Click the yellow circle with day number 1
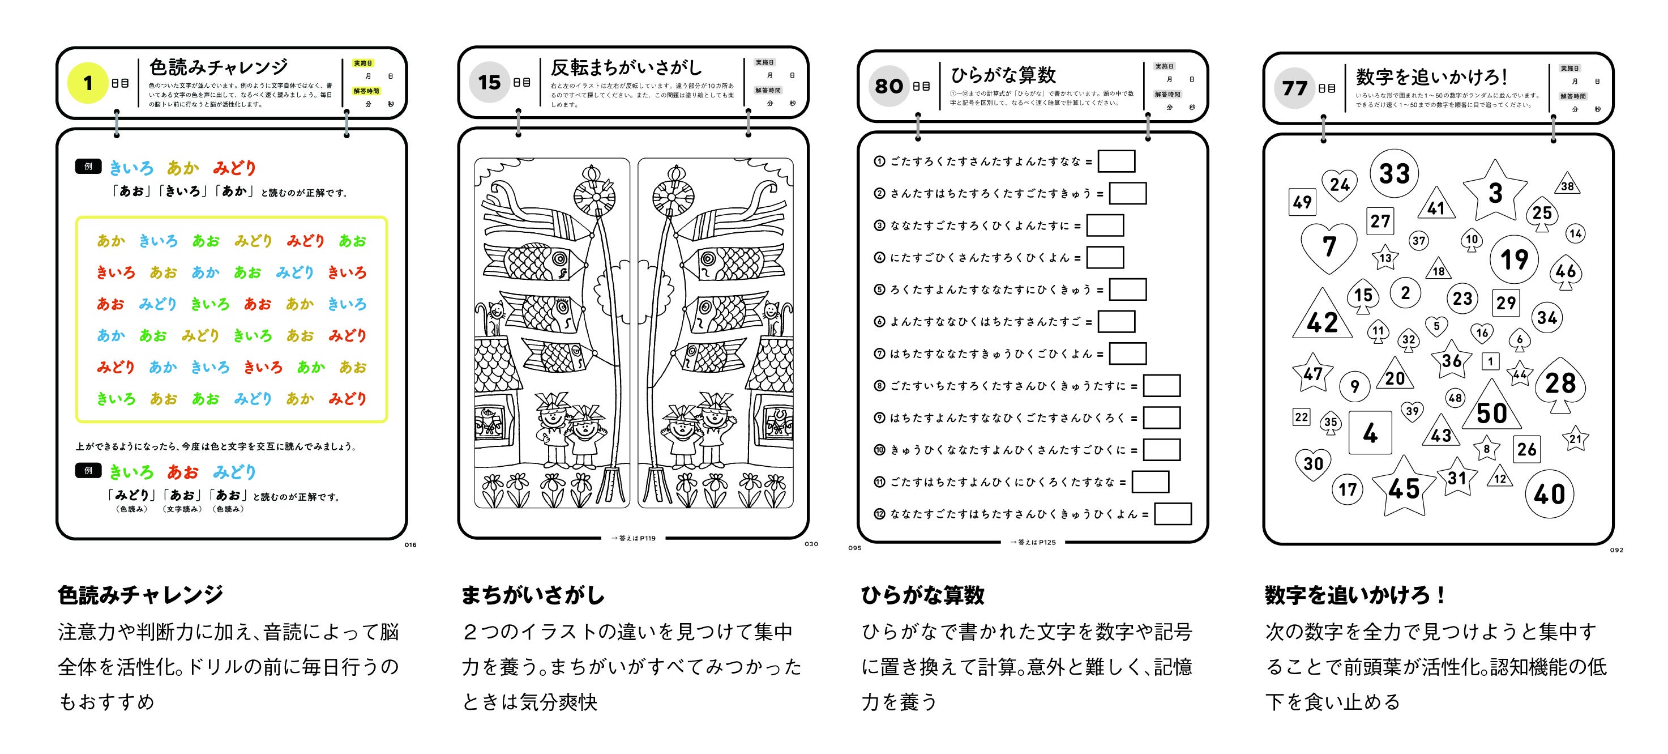pyautogui.click(x=87, y=83)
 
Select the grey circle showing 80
pyautogui.click(x=888, y=86)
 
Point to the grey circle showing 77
pyautogui.click(x=1294, y=88)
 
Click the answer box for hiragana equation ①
pyautogui.click(x=1117, y=161)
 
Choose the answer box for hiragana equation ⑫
pyautogui.click(x=1173, y=514)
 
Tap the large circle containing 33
pyautogui.click(x=1394, y=173)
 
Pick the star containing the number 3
pyautogui.click(x=1495, y=193)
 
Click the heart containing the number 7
pyautogui.click(x=1329, y=246)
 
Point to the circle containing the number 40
pyautogui.click(x=1549, y=494)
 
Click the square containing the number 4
pyautogui.click(x=1370, y=433)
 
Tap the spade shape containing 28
pyautogui.click(x=1560, y=384)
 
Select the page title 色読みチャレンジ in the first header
pyautogui.click(x=218, y=67)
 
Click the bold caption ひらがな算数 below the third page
pyautogui.click(x=922, y=595)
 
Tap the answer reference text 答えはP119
pyautogui.click(x=633, y=538)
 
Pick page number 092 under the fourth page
pyautogui.click(x=1616, y=550)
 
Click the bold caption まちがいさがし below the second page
pyautogui.click(x=532, y=595)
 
